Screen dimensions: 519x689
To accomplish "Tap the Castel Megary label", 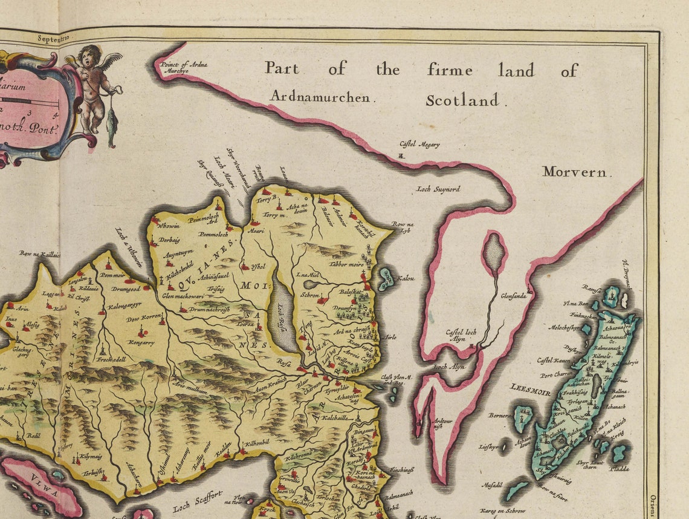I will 419,145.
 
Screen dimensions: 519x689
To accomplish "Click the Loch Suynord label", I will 438,189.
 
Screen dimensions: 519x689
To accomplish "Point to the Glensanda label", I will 518,296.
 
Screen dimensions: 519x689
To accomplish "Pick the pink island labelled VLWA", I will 42,484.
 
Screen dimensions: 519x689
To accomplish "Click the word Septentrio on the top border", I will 53,38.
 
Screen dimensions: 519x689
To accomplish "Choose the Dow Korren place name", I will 143,318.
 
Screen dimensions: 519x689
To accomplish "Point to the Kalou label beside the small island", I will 406,278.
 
